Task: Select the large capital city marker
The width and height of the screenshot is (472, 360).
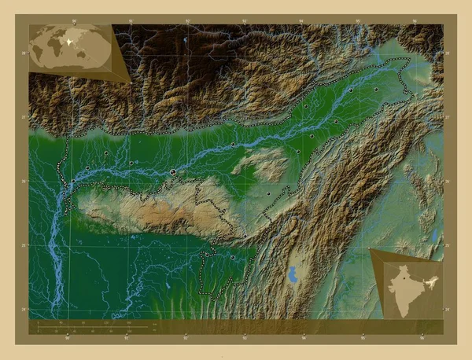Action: click(173, 172)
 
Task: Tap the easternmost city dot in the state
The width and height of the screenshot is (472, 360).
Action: click(378, 91)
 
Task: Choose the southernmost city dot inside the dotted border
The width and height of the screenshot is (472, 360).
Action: click(233, 257)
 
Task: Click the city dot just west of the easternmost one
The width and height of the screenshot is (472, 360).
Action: click(351, 90)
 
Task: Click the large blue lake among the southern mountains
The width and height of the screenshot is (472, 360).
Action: click(293, 276)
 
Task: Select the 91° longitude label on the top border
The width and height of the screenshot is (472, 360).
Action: click(131, 21)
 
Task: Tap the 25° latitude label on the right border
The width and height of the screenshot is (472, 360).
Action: click(447, 246)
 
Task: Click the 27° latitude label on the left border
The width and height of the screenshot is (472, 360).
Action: click(25, 117)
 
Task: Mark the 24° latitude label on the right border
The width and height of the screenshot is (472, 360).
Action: click(447, 310)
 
